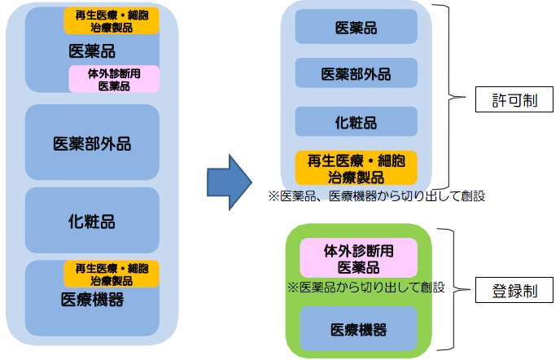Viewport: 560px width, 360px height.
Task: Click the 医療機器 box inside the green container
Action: [358, 329]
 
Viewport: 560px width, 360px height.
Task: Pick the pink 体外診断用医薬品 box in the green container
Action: [358, 259]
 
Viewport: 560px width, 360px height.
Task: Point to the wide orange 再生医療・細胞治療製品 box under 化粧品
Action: [356, 168]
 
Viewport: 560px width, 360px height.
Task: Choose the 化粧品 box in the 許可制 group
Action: [356, 122]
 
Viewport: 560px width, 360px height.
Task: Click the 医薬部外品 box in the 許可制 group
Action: [356, 74]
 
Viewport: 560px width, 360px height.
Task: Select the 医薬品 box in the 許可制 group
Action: [356, 29]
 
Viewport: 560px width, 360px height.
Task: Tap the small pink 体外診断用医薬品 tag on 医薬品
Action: [114, 79]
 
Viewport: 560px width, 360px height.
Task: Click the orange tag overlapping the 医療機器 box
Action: [112, 273]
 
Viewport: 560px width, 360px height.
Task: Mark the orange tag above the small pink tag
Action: [112, 20]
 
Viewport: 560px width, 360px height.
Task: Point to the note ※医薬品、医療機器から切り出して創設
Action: [376, 196]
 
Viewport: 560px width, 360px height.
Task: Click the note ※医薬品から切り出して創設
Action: [365, 288]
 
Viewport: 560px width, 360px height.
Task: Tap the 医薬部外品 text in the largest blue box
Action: [92, 143]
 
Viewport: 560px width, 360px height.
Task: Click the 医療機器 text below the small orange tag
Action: [92, 299]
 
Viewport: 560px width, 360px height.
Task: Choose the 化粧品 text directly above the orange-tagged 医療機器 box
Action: [92, 221]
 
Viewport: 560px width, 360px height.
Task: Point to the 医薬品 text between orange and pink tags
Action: [92, 51]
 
